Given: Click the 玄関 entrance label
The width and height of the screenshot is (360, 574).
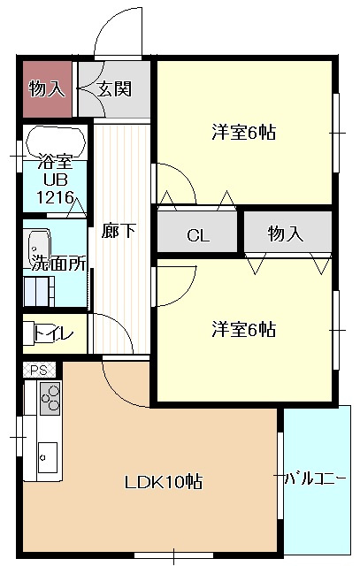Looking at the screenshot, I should click(115, 88).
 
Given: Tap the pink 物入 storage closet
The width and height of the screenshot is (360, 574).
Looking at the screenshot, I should click(45, 88).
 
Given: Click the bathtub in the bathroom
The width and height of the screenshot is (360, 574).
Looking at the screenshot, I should click(55, 141).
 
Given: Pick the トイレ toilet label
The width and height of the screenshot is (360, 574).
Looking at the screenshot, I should click(54, 334).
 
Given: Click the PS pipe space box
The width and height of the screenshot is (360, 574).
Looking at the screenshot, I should click(39, 370).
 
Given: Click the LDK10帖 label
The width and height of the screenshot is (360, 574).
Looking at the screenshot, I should click(163, 482).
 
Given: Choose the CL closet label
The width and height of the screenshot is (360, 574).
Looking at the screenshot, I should click(197, 235).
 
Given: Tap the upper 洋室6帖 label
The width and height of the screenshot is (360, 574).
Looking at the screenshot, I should click(243, 133).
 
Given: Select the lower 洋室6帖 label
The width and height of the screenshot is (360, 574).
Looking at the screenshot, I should click(243, 330).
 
